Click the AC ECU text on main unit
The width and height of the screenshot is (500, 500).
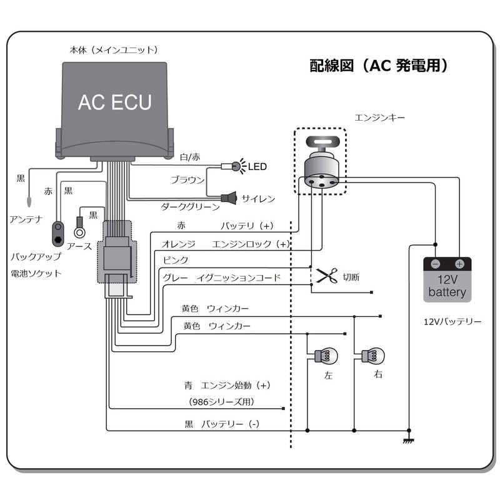click(x=115, y=102)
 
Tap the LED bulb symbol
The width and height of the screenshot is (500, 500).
click(x=236, y=166)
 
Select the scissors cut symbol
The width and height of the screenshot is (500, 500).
click(x=327, y=276)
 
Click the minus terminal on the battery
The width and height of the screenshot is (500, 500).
click(x=436, y=264)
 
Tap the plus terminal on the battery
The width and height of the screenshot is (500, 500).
click(x=459, y=264)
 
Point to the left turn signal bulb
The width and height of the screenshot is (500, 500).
click(x=326, y=356)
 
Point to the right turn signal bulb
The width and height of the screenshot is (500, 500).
click(x=373, y=356)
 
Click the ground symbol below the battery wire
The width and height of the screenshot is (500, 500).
click(x=409, y=441)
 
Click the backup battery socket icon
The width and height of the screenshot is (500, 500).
click(x=58, y=234)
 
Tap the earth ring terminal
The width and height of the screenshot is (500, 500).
click(x=79, y=232)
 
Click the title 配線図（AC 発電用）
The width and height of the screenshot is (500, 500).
click(x=379, y=66)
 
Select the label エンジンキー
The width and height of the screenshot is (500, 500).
click(x=380, y=117)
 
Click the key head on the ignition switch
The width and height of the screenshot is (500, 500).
click(x=322, y=142)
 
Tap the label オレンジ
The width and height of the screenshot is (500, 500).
click(x=179, y=244)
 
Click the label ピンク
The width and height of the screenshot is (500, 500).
click(x=176, y=260)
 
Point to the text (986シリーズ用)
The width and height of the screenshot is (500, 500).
click(x=222, y=402)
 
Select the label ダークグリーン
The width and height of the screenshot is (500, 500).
click(x=191, y=207)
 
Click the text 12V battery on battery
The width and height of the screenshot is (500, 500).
click(x=447, y=286)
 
